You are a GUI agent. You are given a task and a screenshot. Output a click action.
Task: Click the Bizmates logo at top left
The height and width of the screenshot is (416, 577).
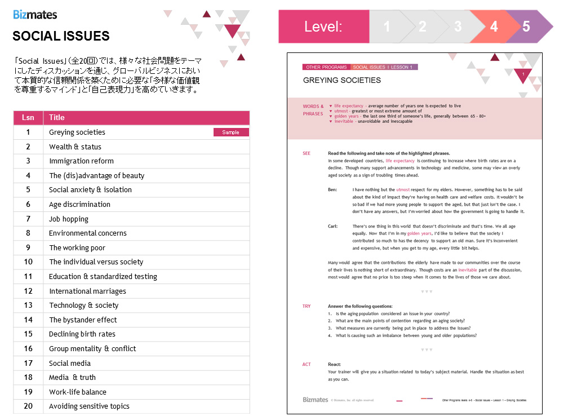35,14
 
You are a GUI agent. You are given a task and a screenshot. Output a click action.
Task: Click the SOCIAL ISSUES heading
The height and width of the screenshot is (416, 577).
61,36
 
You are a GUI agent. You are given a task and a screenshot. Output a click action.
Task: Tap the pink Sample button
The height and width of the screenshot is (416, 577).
231,132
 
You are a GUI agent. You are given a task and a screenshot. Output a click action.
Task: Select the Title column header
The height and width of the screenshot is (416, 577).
57,118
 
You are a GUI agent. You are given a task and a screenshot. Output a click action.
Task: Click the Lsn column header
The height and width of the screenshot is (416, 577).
28,118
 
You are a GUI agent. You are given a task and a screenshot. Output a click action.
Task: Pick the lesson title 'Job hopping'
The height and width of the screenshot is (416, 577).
69,219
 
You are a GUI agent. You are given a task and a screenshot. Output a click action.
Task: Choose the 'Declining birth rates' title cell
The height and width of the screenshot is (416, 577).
82,334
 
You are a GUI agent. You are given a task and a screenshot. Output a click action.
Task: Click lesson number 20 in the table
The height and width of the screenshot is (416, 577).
28,406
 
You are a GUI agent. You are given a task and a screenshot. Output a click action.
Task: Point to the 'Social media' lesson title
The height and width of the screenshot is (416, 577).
70,364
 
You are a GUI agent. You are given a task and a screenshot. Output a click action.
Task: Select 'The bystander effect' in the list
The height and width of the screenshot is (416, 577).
83,320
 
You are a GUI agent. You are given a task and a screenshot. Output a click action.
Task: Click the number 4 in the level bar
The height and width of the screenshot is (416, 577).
494,26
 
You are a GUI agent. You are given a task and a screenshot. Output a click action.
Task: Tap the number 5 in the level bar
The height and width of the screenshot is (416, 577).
526,26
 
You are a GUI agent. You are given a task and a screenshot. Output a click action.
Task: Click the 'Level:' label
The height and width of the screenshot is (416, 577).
323,26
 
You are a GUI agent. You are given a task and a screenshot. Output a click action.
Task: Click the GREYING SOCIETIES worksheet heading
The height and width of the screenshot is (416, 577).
342,80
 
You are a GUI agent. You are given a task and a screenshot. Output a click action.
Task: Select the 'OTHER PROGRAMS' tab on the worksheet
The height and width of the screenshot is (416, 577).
326,67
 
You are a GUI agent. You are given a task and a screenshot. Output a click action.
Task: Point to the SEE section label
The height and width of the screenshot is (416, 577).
307,153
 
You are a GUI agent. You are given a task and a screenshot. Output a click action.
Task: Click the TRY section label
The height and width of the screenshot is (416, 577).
307,306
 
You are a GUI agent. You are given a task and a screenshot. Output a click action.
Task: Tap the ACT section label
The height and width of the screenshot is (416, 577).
307,365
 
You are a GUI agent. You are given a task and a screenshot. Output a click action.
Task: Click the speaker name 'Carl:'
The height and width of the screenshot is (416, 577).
333,226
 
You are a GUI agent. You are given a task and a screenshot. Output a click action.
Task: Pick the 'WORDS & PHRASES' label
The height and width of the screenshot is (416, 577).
313,110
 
